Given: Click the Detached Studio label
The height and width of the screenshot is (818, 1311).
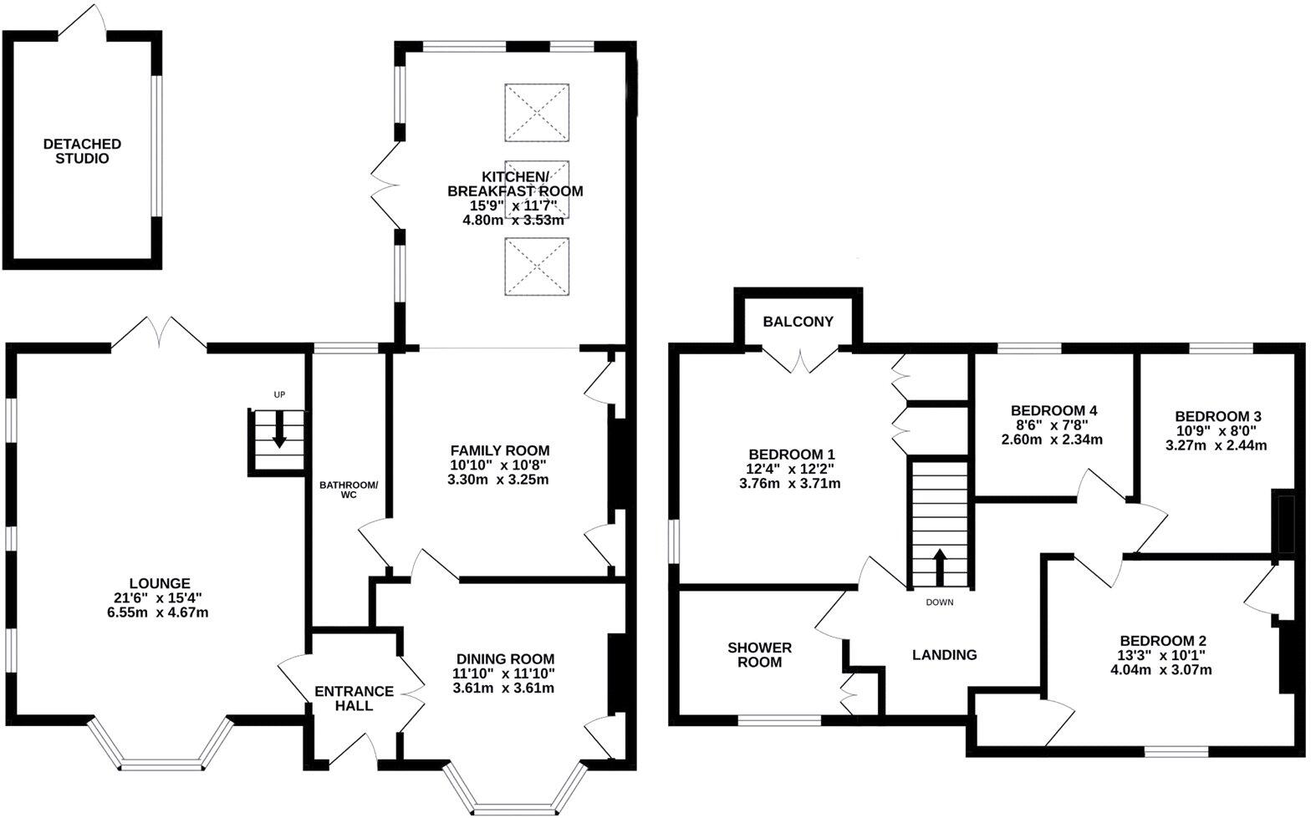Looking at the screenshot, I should (82, 151).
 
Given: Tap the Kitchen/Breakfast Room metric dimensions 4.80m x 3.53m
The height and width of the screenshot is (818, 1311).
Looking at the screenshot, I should (513, 221).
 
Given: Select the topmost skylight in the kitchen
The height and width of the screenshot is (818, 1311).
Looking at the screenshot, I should (537, 112).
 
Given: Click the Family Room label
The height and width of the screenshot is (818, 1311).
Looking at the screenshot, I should (500, 450).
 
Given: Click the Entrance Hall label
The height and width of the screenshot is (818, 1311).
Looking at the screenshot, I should (354, 699).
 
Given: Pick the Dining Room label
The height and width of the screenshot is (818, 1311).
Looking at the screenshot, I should (504, 659).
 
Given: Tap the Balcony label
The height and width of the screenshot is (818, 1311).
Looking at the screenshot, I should (798, 322).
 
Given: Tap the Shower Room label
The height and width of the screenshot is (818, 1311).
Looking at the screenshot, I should (759, 655).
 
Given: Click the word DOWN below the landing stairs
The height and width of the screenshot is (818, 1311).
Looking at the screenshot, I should (939, 602).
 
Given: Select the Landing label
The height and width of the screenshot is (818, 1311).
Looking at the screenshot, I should (944, 655).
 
